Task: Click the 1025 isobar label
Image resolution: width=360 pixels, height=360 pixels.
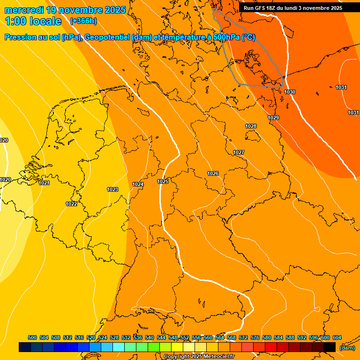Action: (163, 181)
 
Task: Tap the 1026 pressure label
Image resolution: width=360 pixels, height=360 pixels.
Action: (213, 173)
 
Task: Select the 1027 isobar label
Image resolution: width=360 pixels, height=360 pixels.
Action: (239, 152)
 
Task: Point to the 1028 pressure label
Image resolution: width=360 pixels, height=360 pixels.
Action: (251, 126)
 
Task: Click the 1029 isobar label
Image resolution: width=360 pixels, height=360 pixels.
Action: (273, 118)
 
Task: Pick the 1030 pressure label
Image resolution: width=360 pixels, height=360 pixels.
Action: (290, 92)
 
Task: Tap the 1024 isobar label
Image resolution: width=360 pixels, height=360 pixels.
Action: (138, 184)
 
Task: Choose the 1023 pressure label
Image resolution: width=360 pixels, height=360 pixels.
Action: (112, 189)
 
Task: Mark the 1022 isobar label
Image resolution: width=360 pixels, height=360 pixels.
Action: (71, 204)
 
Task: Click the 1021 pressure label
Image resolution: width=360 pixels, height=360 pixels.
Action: (44, 183)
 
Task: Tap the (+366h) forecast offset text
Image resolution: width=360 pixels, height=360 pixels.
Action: (83, 21)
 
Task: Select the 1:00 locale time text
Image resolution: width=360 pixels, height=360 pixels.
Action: (33, 21)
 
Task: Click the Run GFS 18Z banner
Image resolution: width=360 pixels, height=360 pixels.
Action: (293, 8)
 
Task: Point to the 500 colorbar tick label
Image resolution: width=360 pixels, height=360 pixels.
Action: (32, 337)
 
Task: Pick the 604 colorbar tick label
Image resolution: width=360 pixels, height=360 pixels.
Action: (337, 337)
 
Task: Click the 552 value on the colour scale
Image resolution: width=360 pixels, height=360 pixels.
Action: (185, 337)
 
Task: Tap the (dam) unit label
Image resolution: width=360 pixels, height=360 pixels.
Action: (347, 348)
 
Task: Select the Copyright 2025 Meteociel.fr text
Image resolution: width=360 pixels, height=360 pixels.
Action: (199, 357)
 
